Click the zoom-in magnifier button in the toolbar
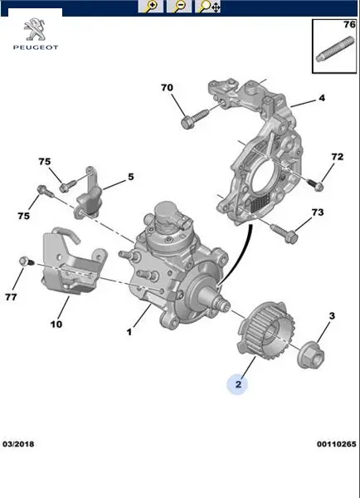pyautogui.click(x=151, y=7)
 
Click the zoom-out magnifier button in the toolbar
pyautogui.click(x=179, y=7)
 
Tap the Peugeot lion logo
pyautogui.click(x=35, y=29)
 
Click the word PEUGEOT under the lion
pyautogui.click(x=36, y=47)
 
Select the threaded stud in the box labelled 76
pyautogui.click(x=335, y=49)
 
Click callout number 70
pyautogui.click(x=167, y=87)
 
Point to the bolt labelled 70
pyautogui.click(x=195, y=119)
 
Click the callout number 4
pyautogui.click(x=322, y=98)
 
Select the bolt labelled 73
pyautogui.click(x=284, y=232)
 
